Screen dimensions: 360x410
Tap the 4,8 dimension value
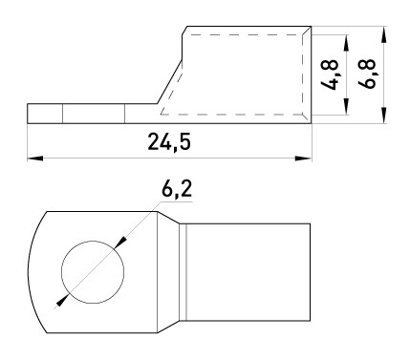tap(330, 74)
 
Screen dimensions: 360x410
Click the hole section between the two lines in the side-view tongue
tap(94, 113)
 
